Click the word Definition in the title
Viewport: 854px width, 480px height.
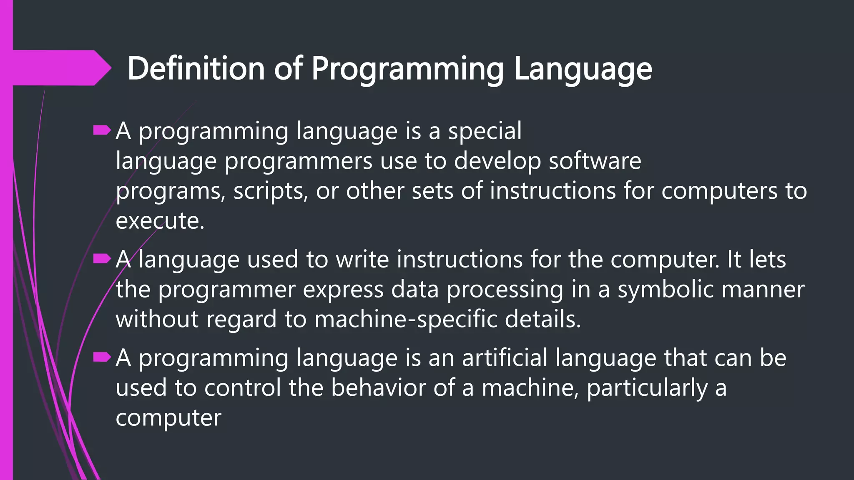(x=196, y=68)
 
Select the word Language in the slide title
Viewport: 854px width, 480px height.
(x=583, y=68)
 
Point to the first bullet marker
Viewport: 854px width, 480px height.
(x=102, y=131)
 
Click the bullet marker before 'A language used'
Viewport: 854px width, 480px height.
(x=102, y=259)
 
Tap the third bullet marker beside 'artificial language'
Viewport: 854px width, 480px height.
(x=102, y=357)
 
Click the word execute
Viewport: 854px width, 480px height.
(x=160, y=221)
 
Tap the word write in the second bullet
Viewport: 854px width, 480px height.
(x=362, y=259)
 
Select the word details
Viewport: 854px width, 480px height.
(x=543, y=319)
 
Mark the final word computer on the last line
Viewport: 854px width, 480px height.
(x=168, y=418)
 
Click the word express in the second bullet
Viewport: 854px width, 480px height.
(x=343, y=290)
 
